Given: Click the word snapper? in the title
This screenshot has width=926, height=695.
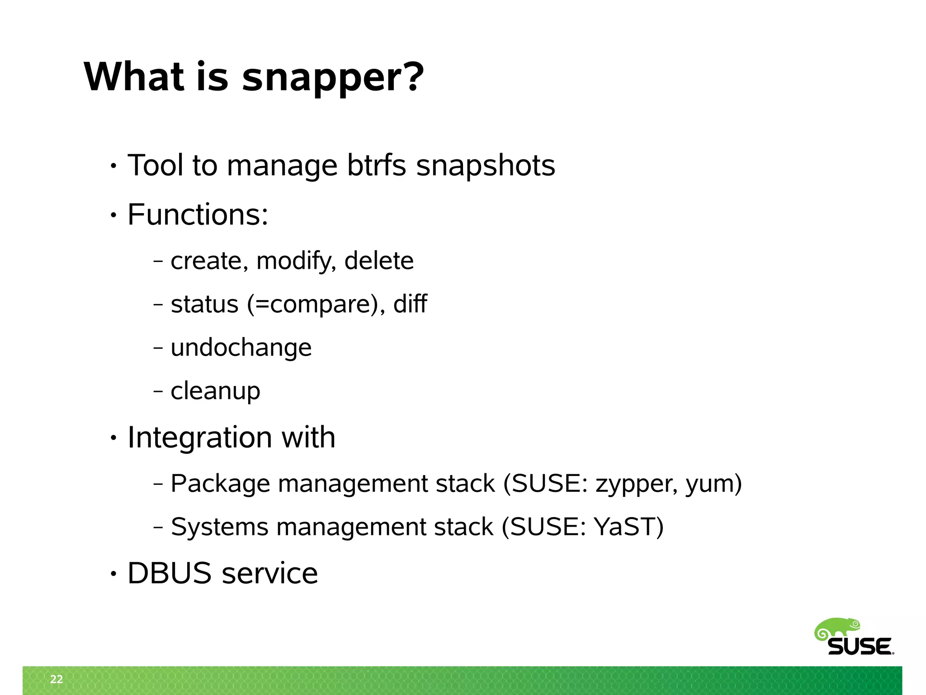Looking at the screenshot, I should [x=333, y=78].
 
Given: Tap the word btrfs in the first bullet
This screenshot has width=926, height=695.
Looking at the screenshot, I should [x=376, y=166].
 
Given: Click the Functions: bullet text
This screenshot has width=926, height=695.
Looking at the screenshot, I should [x=198, y=214].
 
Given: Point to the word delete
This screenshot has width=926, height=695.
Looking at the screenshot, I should [x=378, y=261].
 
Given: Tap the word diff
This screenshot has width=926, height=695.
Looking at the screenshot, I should [x=410, y=304].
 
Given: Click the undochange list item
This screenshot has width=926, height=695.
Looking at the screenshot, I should [x=241, y=348].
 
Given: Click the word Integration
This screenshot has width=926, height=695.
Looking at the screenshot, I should [x=199, y=438].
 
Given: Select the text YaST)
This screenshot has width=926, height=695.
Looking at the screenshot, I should [x=628, y=527].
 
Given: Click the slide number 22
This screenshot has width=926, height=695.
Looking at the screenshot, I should [x=57, y=679].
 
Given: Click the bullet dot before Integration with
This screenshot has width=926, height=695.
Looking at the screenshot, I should [x=113, y=438].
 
